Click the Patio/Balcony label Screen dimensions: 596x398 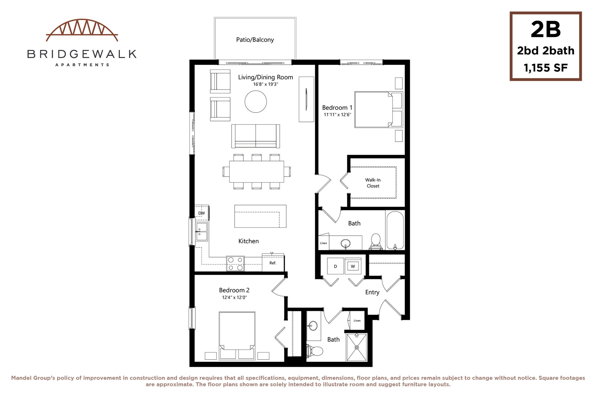255,40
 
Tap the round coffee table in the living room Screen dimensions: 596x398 256,101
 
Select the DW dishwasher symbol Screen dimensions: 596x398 202,211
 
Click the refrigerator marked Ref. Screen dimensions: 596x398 273,263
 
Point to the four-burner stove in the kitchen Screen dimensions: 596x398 235,264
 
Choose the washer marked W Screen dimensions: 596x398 353,266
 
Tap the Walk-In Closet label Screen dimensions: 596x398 373,183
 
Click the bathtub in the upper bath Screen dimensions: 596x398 395,230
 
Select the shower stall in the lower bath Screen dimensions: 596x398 357,347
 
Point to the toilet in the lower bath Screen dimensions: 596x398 314,351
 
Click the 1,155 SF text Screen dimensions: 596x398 546,68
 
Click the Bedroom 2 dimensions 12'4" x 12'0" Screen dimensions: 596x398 234,297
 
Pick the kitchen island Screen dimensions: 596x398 260,216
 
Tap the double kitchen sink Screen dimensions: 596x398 202,231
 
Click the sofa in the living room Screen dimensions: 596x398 256,136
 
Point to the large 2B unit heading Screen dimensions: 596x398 546,30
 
